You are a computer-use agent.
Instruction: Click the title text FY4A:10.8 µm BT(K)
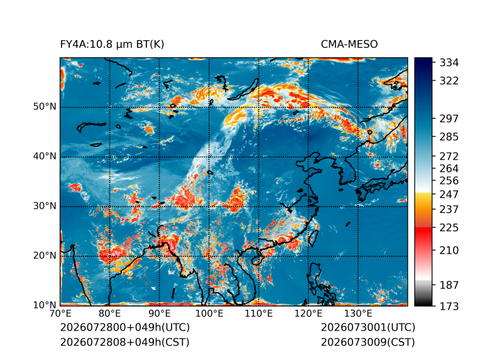click(112, 45)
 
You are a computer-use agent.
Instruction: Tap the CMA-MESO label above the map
click(349, 45)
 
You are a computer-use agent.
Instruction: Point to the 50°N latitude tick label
click(45, 107)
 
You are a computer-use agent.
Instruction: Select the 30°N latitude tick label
click(45, 206)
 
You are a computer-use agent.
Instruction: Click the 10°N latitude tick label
click(45, 305)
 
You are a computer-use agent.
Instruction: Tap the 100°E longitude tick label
click(209, 314)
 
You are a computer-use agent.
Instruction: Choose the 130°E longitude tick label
click(358, 314)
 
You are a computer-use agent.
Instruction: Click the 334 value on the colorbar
click(449, 63)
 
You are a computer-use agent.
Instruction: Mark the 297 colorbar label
click(449, 119)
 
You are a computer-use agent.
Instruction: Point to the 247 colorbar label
click(449, 194)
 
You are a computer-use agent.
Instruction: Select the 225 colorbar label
click(449, 228)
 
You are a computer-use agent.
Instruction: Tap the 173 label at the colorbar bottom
click(449, 306)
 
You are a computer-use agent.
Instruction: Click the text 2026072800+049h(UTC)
click(125, 327)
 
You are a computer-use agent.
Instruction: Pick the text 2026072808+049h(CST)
click(124, 342)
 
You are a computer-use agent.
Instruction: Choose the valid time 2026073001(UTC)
click(368, 327)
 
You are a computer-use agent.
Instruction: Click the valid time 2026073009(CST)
click(368, 342)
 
